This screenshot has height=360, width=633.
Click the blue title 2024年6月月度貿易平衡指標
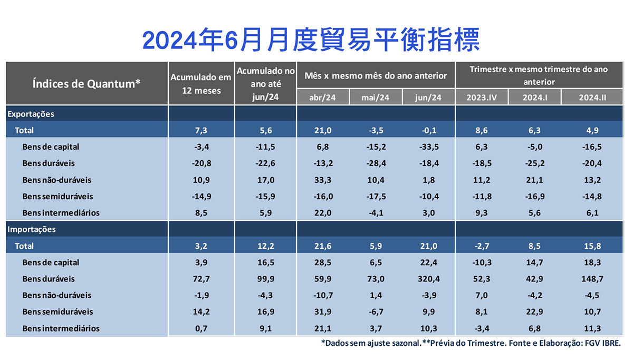point(311,40)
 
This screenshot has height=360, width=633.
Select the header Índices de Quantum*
point(87,83)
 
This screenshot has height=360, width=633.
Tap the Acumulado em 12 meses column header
point(200,84)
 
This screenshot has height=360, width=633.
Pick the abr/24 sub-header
point(323,98)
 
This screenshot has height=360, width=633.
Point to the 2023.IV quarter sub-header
point(482,98)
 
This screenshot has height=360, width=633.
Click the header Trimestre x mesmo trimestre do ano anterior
point(538,75)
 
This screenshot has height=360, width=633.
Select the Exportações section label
point(31,114)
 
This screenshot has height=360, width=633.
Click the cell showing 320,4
point(428,279)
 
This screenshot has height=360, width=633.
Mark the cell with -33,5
point(428,147)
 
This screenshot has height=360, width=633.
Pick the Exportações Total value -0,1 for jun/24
point(428,130)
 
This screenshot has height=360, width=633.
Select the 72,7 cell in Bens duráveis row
point(200,279)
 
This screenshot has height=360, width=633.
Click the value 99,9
point(265,279)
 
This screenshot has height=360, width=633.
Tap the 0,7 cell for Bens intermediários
point(200,328)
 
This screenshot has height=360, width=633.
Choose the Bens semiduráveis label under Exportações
point(57,196)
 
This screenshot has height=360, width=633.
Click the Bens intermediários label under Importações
point(61,328)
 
